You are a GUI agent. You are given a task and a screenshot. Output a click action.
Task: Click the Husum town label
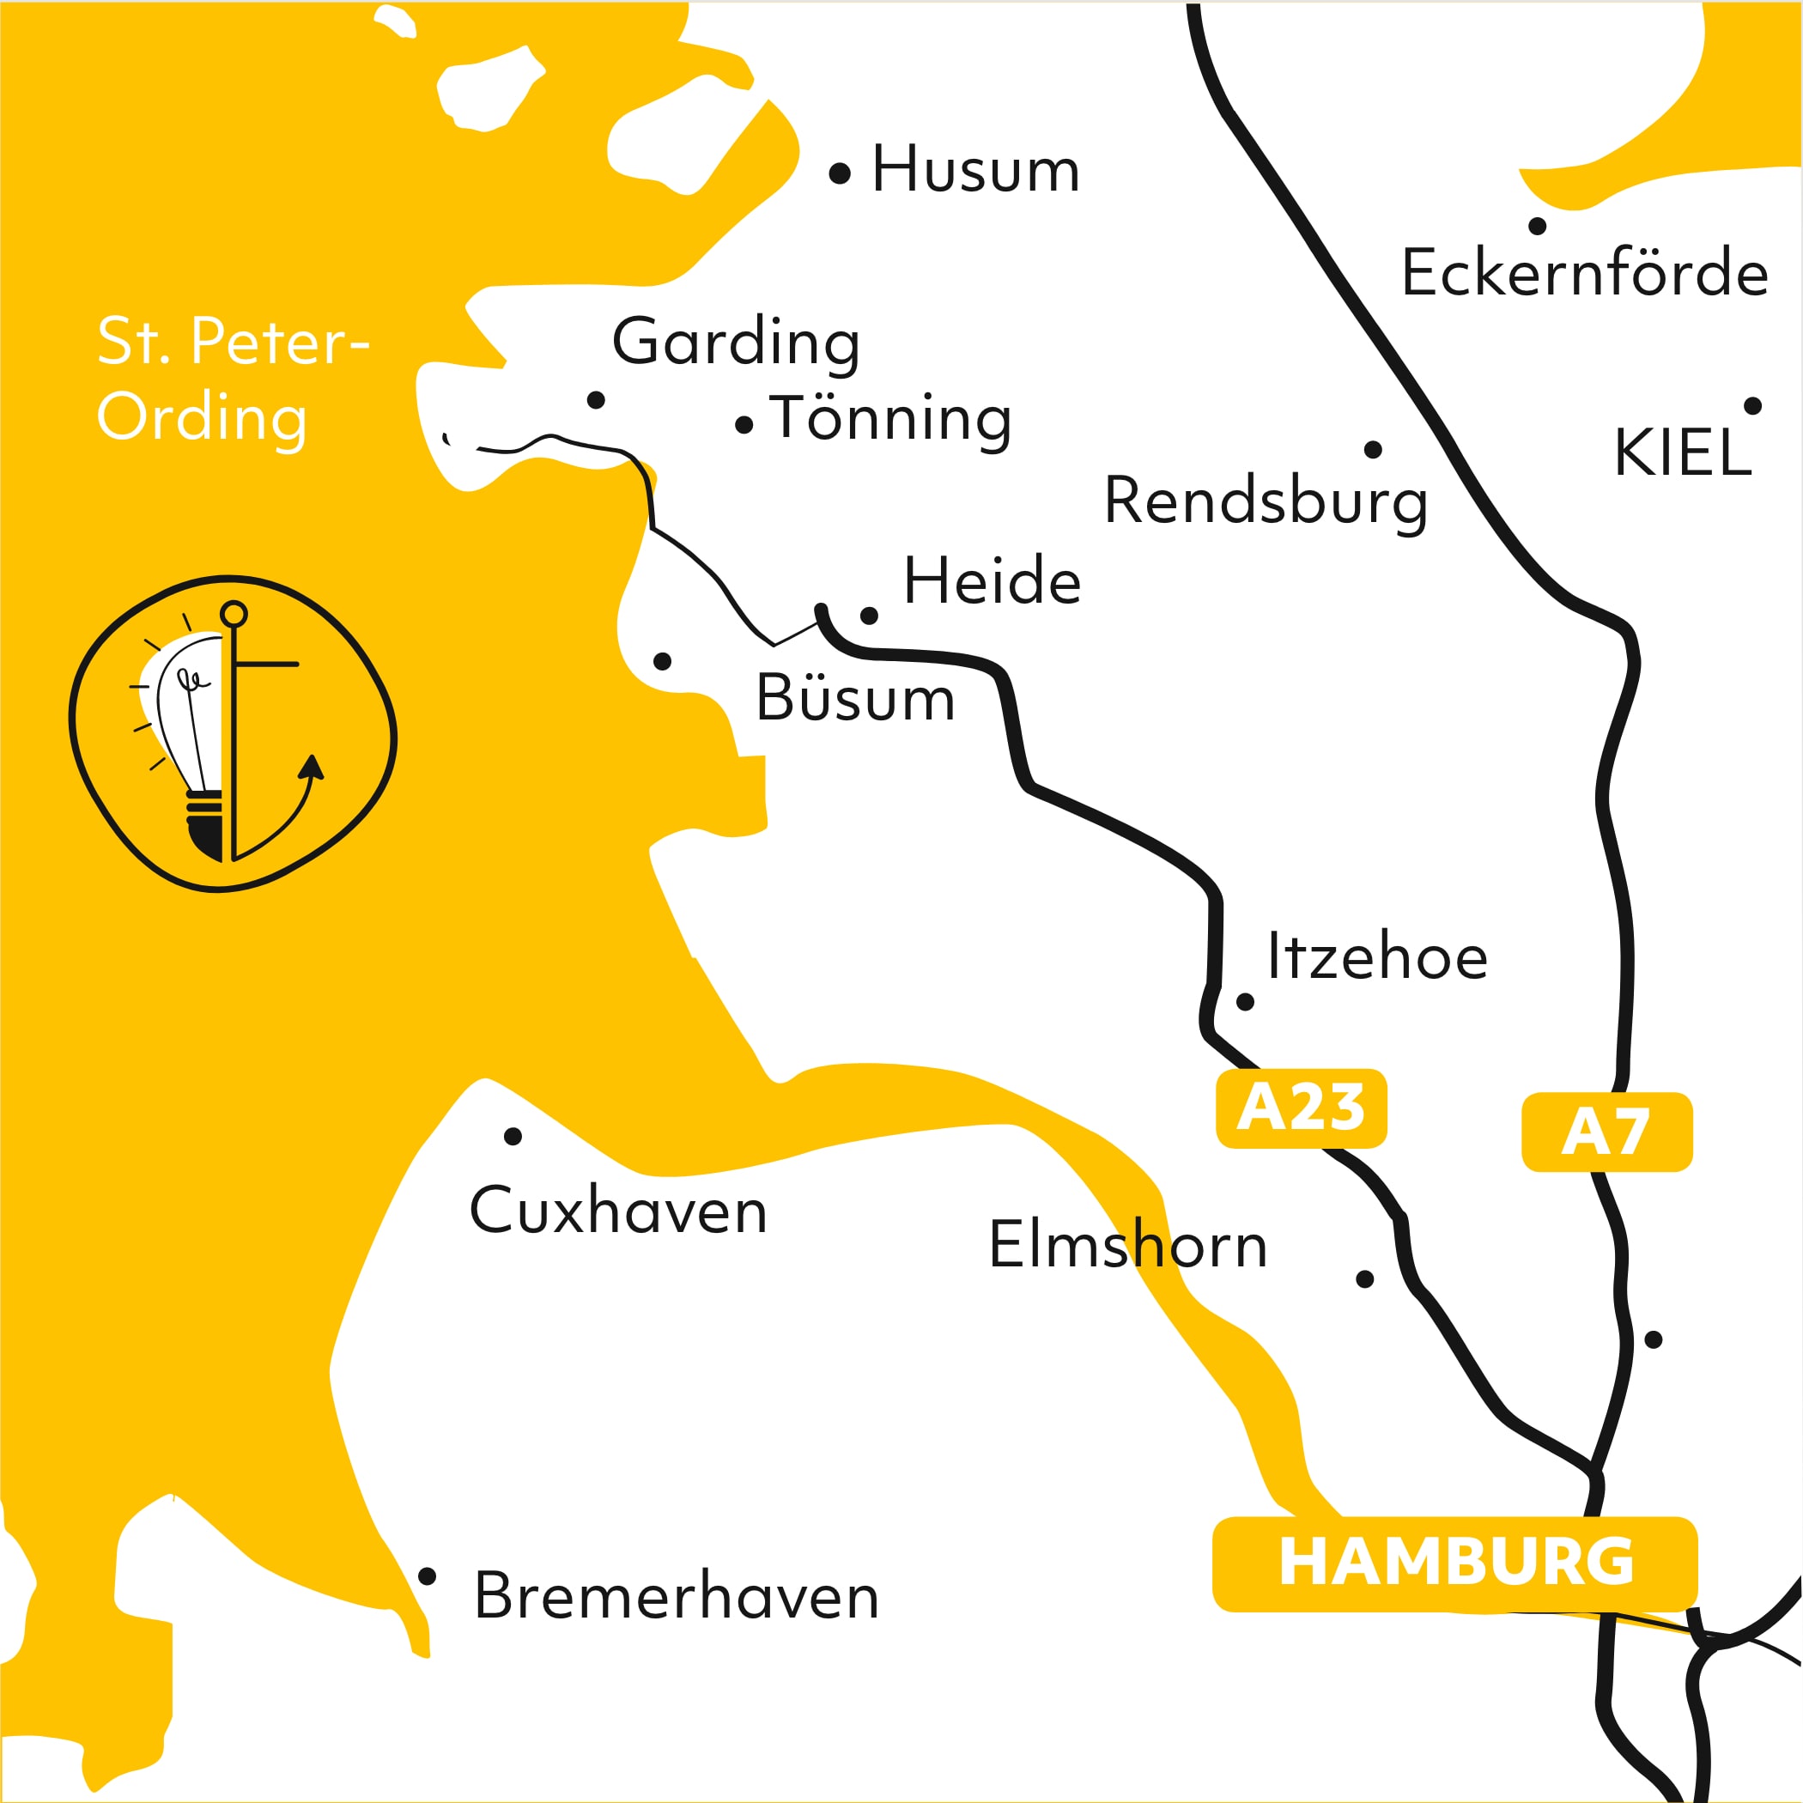pos(975,170)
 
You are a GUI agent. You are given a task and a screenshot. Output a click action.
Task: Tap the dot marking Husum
pos(840,173)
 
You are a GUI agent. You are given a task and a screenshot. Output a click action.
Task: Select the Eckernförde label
pos(1584,272)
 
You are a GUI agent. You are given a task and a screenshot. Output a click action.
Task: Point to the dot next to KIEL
pos(1752,406)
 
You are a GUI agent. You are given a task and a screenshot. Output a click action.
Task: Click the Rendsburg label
pos(1265,501)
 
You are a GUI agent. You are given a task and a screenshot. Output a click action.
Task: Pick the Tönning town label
pos(890,418)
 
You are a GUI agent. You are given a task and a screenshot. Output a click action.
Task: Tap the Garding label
pos(736,343)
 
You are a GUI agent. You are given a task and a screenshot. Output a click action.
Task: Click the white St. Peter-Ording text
pos(234,379)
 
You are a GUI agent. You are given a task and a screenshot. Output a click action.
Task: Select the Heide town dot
pos(869,616)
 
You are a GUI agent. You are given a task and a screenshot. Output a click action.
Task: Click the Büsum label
pos(855,698)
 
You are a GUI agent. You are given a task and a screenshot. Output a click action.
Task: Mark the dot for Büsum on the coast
pos(663,662)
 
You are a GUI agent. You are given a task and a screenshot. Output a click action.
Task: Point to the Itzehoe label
pos(1376,956)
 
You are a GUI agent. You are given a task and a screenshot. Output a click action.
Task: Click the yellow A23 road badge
pos(1301,1108)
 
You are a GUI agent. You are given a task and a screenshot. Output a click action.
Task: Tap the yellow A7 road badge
pos(1606,1132)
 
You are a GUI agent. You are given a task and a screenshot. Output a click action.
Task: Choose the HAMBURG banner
pos(1454,1563)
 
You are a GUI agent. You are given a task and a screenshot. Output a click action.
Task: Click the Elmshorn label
pos(1127,1244)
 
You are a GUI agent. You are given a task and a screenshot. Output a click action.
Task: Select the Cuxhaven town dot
pos(513,1136)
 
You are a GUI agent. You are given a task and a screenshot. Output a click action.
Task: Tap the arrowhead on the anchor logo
pos(312,766)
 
